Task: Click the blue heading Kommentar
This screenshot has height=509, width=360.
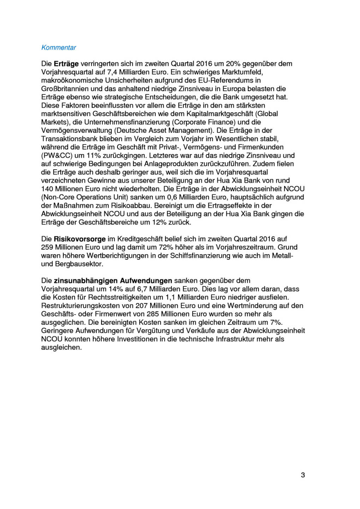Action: point(59,48)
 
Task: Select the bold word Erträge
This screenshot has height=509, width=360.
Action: point(66,64)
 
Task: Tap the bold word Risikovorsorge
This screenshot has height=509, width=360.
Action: point(79,239)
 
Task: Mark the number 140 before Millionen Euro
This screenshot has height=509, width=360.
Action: point(47,189)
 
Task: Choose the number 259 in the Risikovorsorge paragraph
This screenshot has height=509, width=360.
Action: point(47,247)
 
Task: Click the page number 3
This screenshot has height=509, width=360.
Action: point(303,475)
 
